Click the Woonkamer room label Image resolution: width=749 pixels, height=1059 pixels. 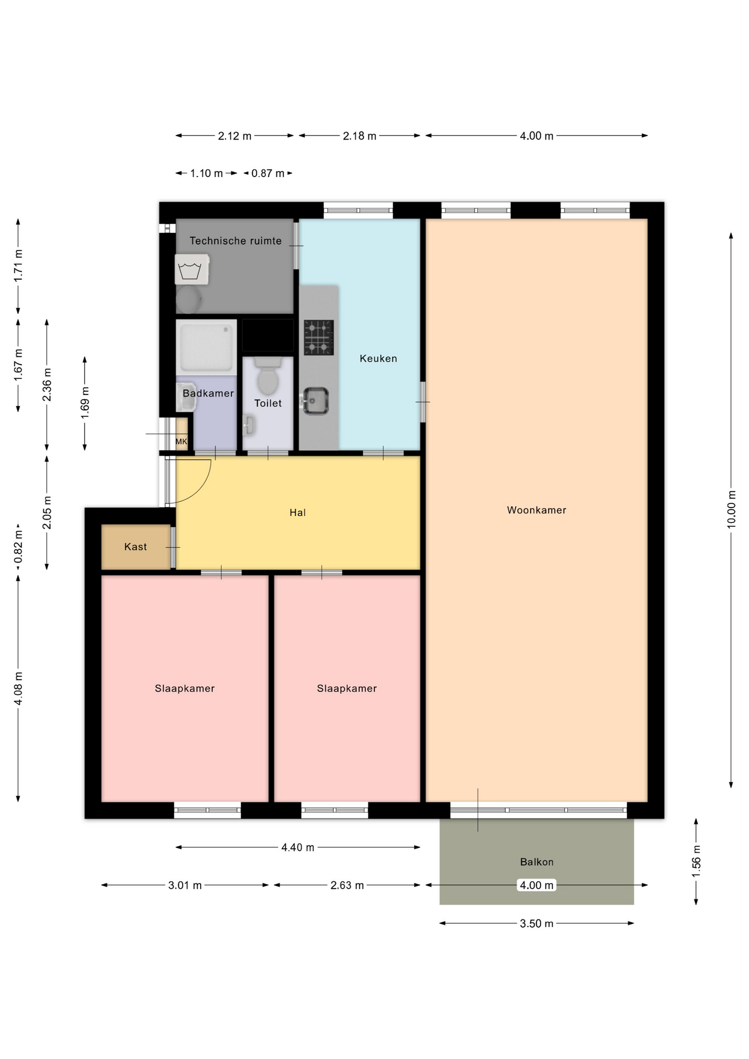coord(537,510)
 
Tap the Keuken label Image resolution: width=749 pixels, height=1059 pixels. coord(378,359)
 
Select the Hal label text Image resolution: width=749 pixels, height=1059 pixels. coord(298,512)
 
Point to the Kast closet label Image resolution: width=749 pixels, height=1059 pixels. coord(136,547)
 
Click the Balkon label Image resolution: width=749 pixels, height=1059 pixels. coord(537,862)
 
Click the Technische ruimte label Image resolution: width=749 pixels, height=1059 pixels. coord(236,240)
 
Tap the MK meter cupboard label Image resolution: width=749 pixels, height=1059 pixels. coord(181,441)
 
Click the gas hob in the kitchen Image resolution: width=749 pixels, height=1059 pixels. coord(319,338)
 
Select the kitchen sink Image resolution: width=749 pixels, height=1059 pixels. coord(316,401)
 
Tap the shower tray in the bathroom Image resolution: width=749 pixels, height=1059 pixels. coord(206,347)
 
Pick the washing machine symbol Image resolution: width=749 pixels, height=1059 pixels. coord(192,270)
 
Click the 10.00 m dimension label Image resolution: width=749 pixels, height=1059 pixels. coord(731,509)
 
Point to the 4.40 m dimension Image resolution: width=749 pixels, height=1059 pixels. coord(298,847)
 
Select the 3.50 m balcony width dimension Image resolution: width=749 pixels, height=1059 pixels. coord(537,923)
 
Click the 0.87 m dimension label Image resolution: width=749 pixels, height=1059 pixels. coord(268,173)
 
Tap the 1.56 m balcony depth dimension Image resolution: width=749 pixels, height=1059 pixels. coord(696,862)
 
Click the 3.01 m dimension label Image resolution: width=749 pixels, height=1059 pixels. coord(185,885)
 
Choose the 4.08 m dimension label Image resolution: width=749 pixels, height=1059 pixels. coord(18,688)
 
